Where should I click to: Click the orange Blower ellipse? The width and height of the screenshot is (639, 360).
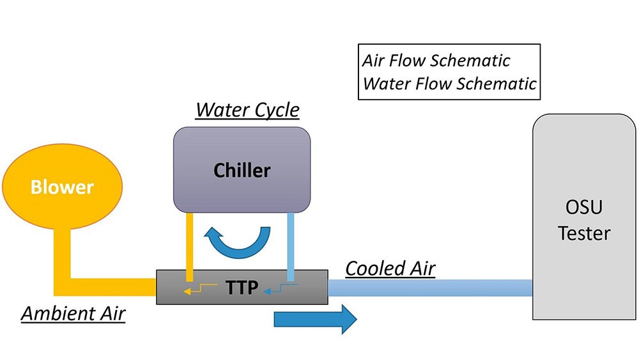[x=63, y=186]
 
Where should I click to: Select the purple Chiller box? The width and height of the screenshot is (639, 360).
[x=242, y=169]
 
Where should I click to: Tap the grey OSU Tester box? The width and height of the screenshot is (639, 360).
[x=584, y=217]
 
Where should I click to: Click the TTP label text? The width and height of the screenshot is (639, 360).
[x=242, y=288]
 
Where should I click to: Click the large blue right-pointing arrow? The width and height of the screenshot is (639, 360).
[x=316, y=319]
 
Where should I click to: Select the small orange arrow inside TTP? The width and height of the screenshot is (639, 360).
[x=199, y=288]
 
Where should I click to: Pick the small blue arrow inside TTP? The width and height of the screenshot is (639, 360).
[x=281, y=288]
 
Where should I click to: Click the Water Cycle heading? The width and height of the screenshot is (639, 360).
[x=247, y=110]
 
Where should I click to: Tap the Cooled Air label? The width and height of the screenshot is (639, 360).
[x=390, y=269]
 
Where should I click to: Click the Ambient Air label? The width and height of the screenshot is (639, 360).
[x=73, y=313]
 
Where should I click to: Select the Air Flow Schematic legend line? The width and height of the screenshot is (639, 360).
[x=436, y=61]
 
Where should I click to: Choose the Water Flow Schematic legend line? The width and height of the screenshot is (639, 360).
[x=449, y=84]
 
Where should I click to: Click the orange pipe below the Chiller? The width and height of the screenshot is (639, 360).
[x=190, y=247]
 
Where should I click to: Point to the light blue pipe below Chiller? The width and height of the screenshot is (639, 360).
[x=291, y=247]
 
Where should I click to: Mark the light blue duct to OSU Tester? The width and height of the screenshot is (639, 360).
[x=430, y=288]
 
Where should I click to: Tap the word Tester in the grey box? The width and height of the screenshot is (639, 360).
[x=584, y=233]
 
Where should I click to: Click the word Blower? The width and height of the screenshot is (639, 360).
[x=62, y=187]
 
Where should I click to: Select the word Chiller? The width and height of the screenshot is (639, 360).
[x=242, y=171]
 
